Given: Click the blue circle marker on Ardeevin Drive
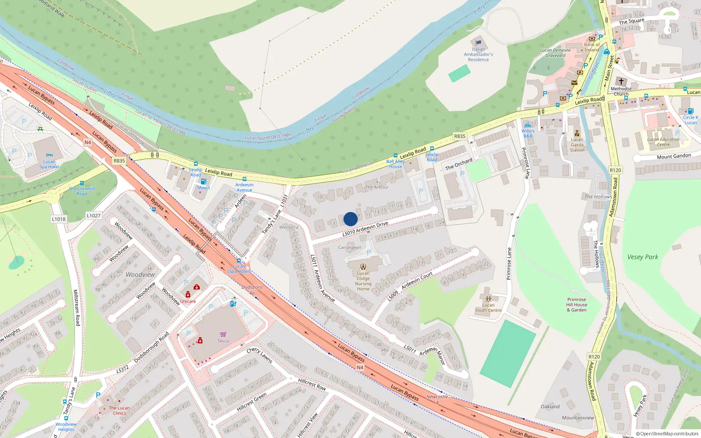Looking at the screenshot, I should coord(350,219).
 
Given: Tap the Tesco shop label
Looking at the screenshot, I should coord(223,341).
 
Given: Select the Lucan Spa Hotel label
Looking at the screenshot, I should coord(49,164).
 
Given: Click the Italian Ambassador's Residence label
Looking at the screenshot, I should coord(478,55).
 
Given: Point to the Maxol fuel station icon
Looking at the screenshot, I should coord(203,181).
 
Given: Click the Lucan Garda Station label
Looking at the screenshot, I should coord(577,145).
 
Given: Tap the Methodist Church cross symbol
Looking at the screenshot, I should coord(621,81).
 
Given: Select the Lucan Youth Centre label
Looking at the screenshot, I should coord(488,307).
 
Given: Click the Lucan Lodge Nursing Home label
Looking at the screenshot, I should coord(363,281).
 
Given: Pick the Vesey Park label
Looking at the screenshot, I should coord(643,257).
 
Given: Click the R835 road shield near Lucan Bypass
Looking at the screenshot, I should coord(119,161).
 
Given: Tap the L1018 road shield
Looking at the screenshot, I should coord(59,219).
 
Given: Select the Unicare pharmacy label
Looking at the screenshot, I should coord(188,301).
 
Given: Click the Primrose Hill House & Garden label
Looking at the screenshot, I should coord(577,305).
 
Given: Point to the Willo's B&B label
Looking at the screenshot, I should coord(528,133).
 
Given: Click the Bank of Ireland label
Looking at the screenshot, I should coord(591,47).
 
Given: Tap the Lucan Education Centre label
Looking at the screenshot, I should coord(663,142).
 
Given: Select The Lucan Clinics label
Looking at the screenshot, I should coord(119,410).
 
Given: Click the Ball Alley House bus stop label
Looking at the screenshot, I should coord(395,164).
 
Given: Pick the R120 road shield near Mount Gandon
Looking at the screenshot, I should coord(615,170).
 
